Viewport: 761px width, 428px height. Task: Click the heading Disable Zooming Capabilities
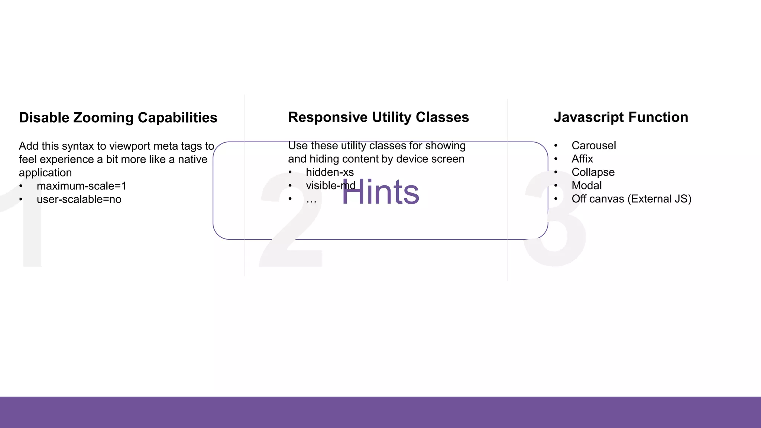(x=118, y=118)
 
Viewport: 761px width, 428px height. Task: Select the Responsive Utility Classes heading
(x=378, y=117)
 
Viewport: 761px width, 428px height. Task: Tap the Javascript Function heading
(x=621, y=117)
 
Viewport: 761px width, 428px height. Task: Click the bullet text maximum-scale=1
(x=81, y=186)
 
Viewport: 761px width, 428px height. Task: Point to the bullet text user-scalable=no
(x=79, y=200)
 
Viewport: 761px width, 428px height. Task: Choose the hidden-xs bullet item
(x=330, y=172)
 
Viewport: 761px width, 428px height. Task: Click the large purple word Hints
(x=380, y=192)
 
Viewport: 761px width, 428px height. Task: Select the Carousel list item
(x=593, y=146)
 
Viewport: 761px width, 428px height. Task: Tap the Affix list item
(x=582, y=159)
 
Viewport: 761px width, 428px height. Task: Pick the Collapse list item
(x=593, y=172)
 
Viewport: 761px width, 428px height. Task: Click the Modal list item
(x=586, y=186)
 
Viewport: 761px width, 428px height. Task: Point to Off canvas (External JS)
(x=631, y=199)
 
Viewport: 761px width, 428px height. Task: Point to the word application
(x=45, y=173)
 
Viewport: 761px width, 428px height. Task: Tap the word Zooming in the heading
(x=103, y=118)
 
